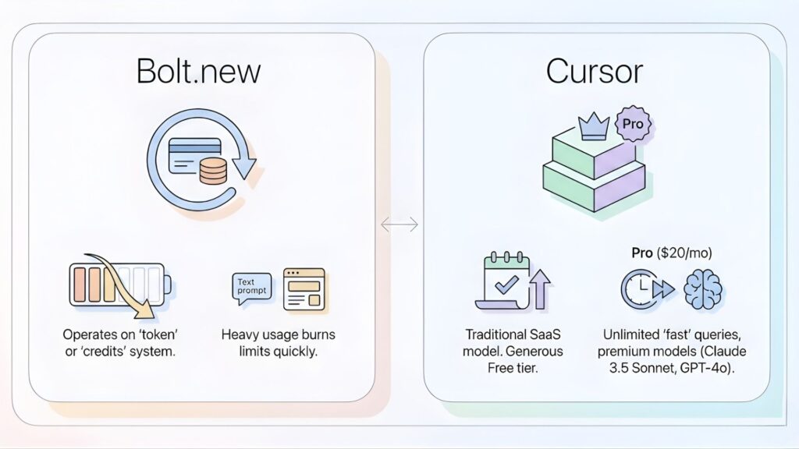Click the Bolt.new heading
click(198, 72)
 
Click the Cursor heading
click(595, 72)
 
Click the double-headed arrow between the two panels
click(399, 224)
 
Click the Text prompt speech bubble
click(252, 286)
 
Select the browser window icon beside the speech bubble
click(304, 290)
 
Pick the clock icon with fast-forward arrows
click(645, 291)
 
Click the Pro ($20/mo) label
click(671, 253)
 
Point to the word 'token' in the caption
click(155, 334)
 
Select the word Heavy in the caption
click(241, 334)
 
